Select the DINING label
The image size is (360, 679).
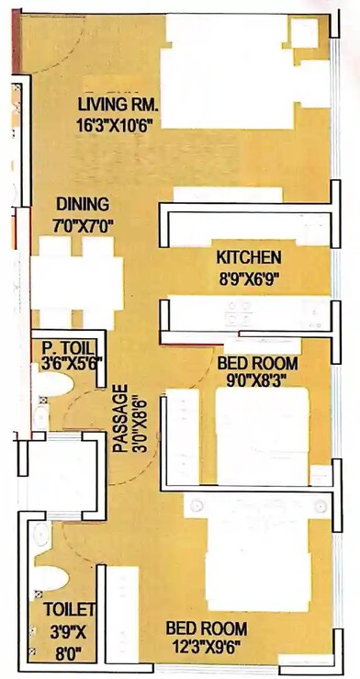[x=82, y=204]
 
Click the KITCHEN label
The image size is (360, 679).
[x=248, y=257]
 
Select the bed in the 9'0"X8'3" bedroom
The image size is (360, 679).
[x=261, y=436]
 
